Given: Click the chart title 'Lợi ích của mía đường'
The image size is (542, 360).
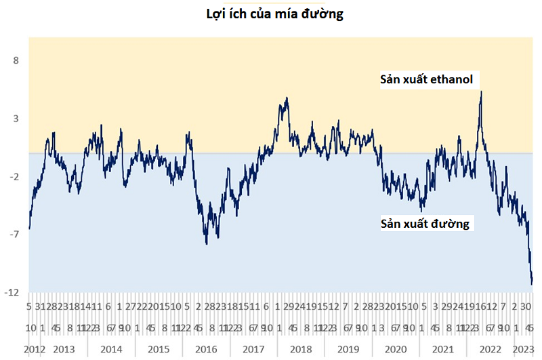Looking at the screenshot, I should point(274,14).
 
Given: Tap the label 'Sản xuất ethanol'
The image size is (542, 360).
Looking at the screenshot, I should point(425,80).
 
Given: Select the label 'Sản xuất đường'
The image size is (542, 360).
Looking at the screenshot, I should point(425,223).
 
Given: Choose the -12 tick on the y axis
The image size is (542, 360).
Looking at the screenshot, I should point(12,292).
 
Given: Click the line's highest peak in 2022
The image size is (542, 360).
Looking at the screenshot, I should point(481,92).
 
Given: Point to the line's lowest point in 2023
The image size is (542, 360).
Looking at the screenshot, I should point(532,284).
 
